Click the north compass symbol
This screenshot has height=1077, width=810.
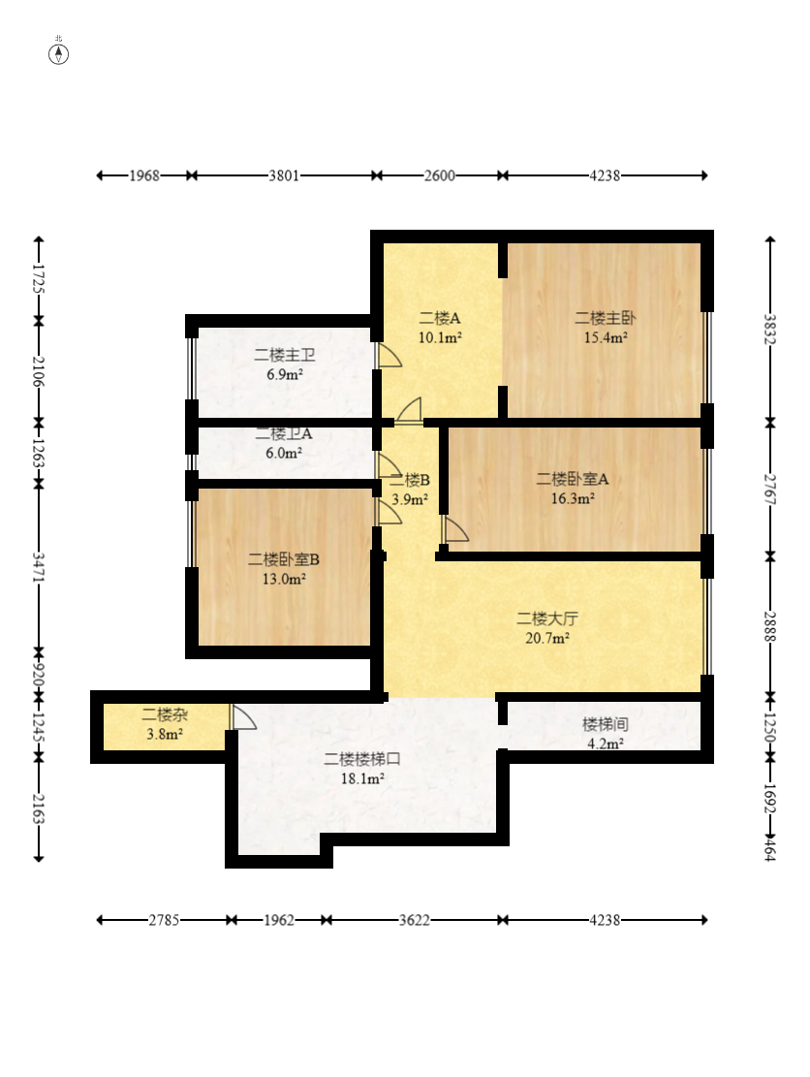click(x=58, y=53)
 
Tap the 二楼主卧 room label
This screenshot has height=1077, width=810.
click(x=605, y=318)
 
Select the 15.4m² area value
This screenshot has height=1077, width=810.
click(x=606, y=337)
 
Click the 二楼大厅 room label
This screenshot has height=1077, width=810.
click(x=547, y=618)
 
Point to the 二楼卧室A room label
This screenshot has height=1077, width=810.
click(x=573, y=479)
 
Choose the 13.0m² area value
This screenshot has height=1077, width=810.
click(x=284, y=579)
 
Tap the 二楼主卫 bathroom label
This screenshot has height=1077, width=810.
click(x=284, y=355)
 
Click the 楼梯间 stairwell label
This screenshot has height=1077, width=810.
click(x=605, y=724)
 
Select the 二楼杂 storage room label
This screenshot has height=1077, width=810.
click(x=165, y=714)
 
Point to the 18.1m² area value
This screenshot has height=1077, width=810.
click(x=362, y=778)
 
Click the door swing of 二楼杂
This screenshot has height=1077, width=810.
click(x=244, y=717)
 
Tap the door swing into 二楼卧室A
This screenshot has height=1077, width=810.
click(x=456, y=529)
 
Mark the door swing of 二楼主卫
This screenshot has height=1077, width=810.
click(x=389, y=355)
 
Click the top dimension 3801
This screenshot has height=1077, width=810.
click(x=284, y=175)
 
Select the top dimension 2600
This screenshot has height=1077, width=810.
click(x=439, y=175)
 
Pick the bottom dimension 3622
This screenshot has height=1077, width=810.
click(x=415, y=920)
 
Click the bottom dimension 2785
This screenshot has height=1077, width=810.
click(x=164, y=920)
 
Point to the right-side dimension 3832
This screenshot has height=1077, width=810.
click(x=770, y=331)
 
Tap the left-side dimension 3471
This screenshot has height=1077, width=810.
click(x=39, y=567)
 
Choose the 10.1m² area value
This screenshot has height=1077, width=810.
click(x=440, y=337)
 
